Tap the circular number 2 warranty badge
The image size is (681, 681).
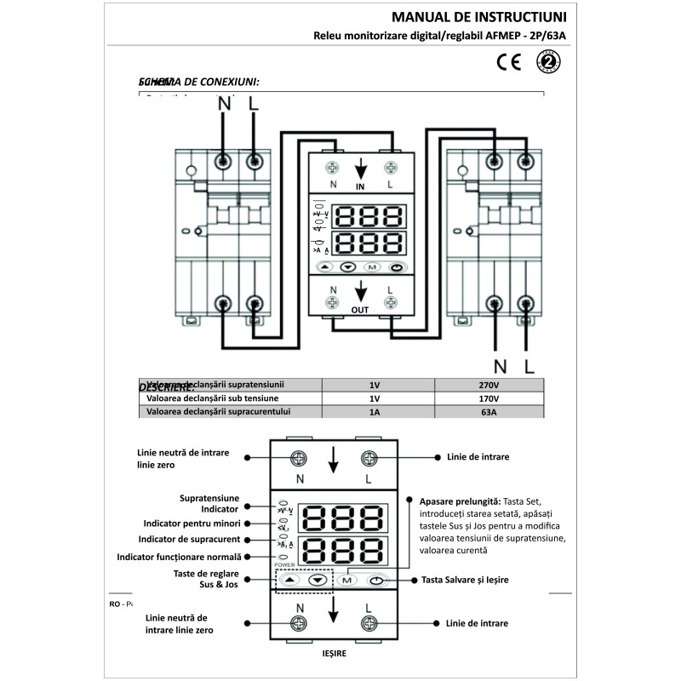point(548,61)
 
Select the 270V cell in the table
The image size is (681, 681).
point(489,384)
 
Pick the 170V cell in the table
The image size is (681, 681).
point(489,398)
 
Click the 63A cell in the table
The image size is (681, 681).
point(489,413)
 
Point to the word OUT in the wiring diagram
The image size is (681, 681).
point(360,310)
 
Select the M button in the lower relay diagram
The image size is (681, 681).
point(347,581)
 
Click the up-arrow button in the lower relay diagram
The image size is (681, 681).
point(289,581)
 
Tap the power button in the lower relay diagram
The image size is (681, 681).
point(377,581)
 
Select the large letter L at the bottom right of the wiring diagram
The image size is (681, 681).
point(529,367)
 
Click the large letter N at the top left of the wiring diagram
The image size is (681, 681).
point(225,104)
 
